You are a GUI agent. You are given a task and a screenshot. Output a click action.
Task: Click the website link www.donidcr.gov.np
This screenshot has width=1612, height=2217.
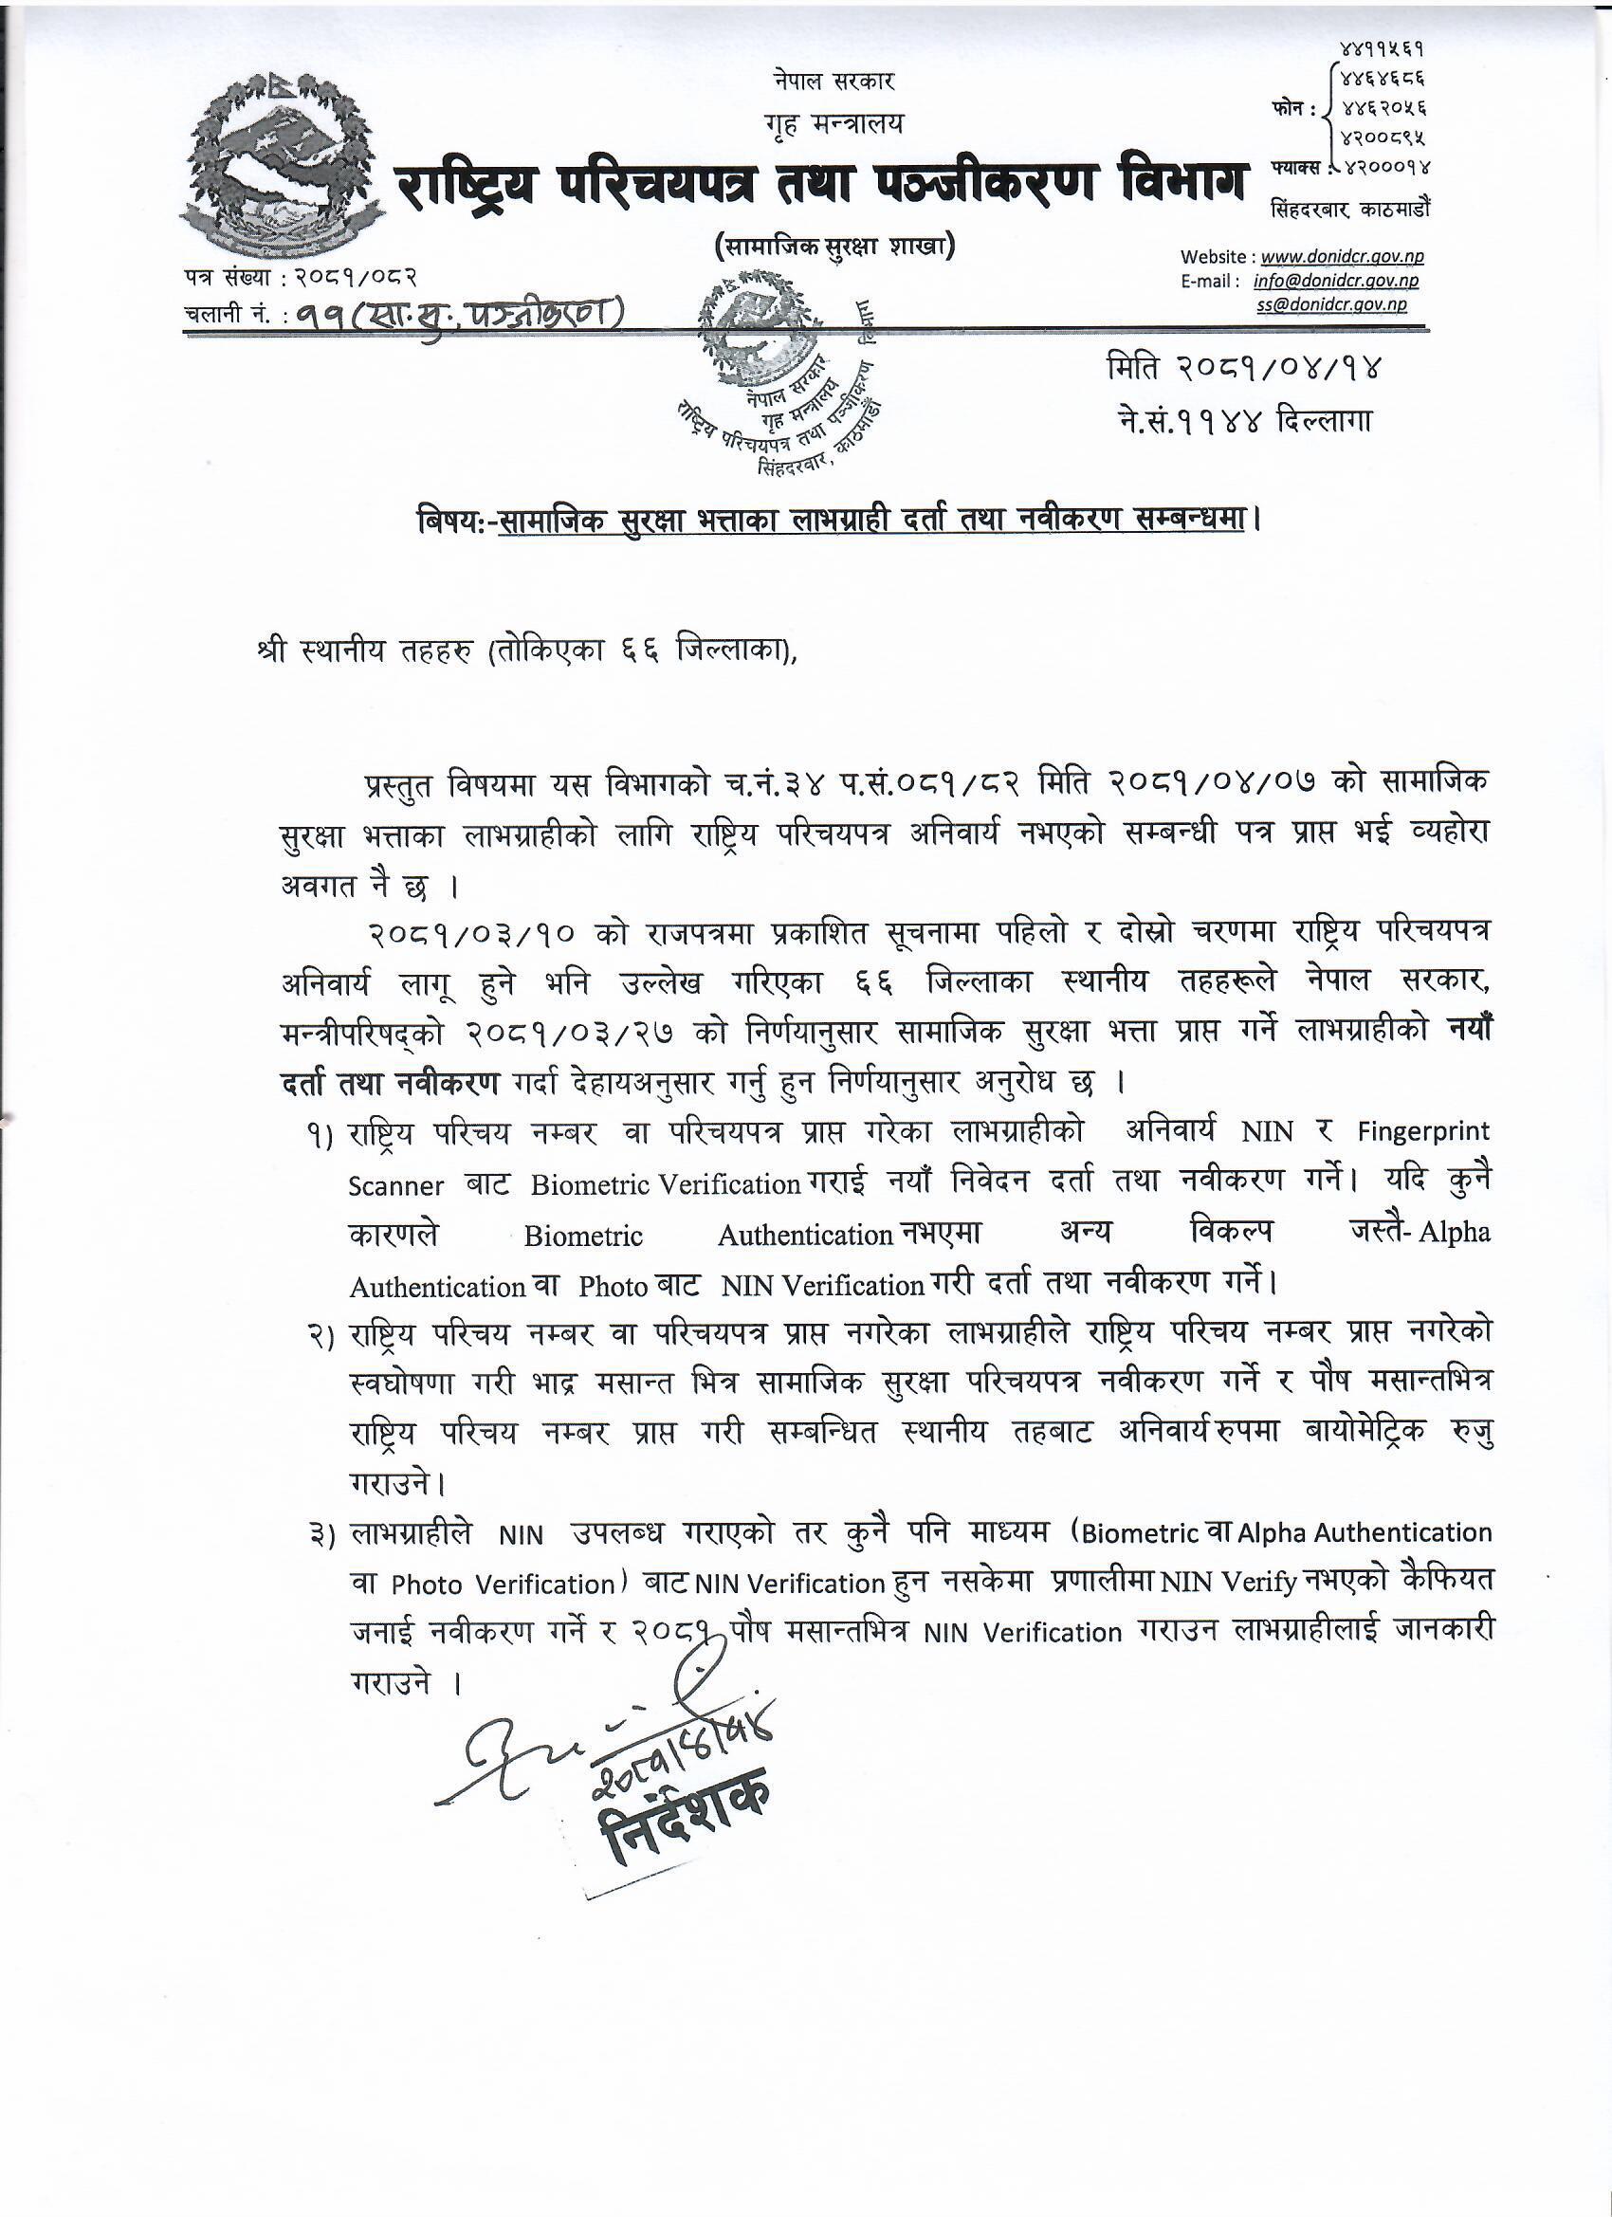(1341, 257)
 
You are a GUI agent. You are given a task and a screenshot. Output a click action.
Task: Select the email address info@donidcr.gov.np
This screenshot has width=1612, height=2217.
(1335, 282)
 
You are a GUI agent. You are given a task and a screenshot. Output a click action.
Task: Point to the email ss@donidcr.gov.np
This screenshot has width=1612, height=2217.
(1331, 305)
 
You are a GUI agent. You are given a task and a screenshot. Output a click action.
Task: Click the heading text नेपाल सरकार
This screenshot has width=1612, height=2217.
(832, 81)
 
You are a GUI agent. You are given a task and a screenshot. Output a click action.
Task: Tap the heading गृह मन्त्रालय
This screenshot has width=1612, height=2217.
(833, 123)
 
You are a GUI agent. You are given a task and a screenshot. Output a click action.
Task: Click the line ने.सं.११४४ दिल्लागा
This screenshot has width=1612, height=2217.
(1245, 421)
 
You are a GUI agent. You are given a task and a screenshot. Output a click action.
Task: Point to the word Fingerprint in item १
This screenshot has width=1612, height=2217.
(1423, 1132)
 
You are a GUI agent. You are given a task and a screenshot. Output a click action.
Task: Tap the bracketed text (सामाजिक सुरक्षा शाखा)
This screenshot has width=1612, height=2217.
(833, 247)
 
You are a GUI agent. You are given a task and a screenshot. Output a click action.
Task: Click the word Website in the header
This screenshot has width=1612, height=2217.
(1212, 257)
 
